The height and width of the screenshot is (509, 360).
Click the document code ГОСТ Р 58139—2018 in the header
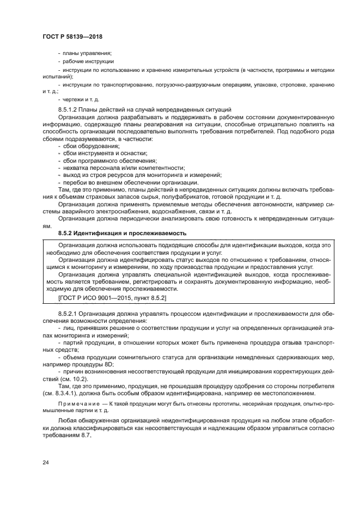click(72, 36)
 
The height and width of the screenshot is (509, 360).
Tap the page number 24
click(45, 462)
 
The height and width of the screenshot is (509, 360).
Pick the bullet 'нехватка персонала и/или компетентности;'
click(123, 168)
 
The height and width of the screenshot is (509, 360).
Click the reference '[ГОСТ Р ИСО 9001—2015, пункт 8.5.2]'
click(112, 298)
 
